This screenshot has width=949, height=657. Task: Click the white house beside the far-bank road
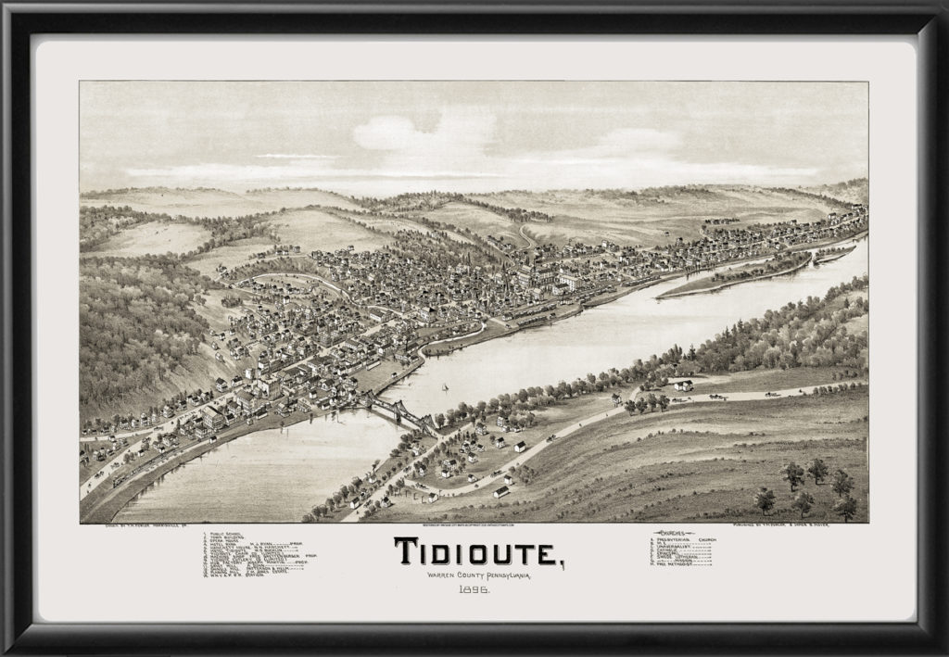pos(683,385)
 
